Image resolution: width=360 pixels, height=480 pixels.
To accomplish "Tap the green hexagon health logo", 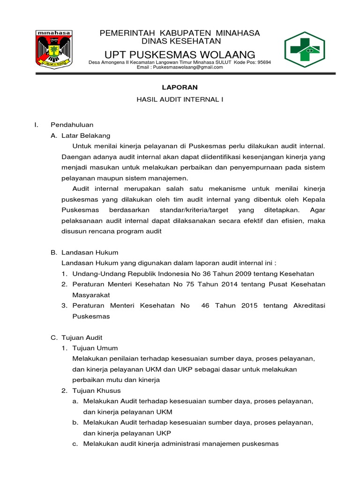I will coord(305,50).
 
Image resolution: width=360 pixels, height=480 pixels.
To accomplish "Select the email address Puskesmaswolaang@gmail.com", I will coord(180,67).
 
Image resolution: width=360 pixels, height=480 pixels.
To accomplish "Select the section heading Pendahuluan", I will coord(72,125).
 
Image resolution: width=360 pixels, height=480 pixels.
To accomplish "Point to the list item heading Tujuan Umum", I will coord(95,348).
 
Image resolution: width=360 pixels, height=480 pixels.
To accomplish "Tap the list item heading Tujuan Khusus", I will coord(97,390).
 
